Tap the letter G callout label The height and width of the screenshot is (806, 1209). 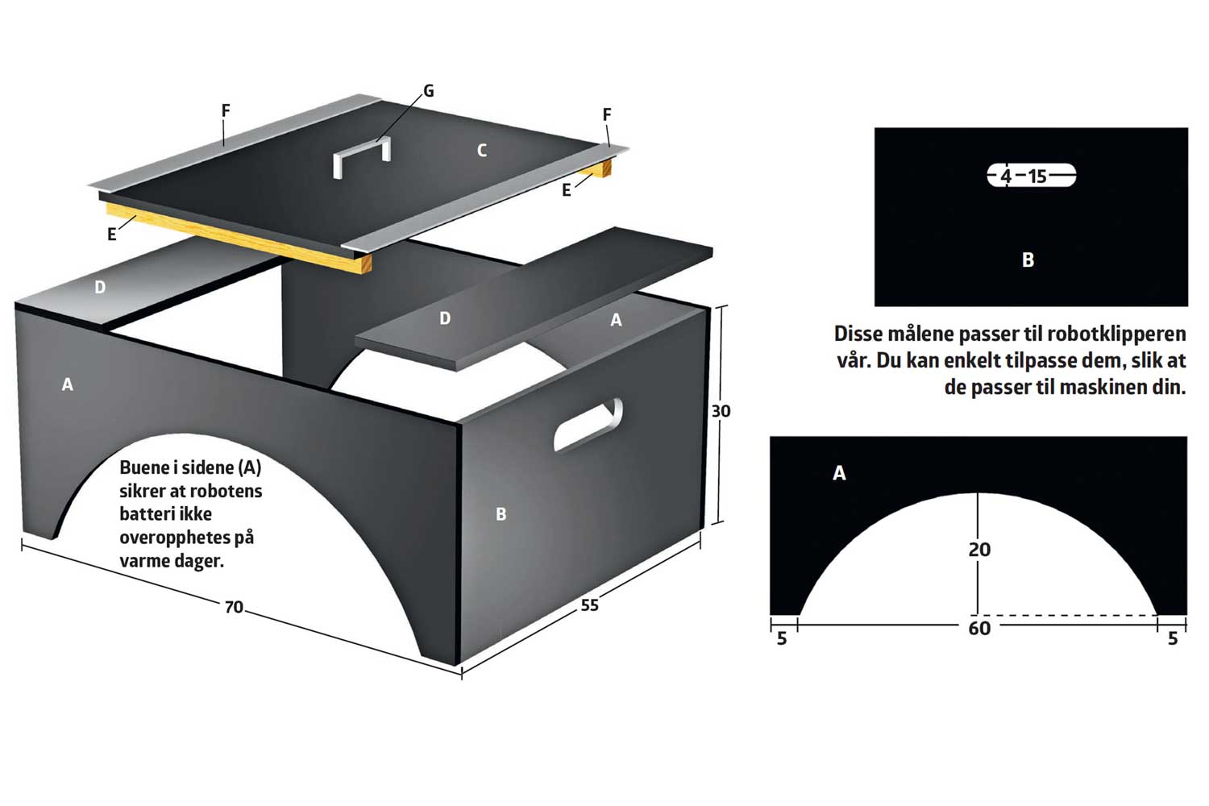click(429, 91)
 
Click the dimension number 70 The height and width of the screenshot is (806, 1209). click(234, 608)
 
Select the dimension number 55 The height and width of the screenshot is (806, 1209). click(589, 605)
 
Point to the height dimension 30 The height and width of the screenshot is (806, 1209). click(721, 411)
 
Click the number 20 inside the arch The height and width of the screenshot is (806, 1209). click(979, 550)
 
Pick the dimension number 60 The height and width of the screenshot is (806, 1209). click(979, 629)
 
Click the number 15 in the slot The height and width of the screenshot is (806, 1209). click(1037, 177)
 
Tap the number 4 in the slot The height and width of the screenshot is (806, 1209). click(1006, 177)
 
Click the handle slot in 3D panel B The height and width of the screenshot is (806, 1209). click(588, 425)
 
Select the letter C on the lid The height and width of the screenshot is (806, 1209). click(482, 150)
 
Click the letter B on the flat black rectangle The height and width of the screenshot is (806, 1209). click(1028, 260)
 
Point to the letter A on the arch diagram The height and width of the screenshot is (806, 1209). click(839, 473)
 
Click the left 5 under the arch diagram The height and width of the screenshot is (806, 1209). click(782, 638)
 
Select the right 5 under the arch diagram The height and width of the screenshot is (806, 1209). click(1173, 638)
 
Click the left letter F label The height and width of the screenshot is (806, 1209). click(226, 110)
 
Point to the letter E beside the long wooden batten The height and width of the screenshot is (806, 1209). click(112, 235)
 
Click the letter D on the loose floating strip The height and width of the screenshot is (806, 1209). click(445, 318)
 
